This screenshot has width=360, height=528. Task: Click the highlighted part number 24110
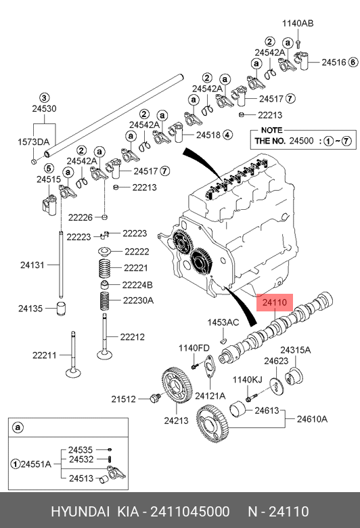pyautogui.click(x=275, y=303)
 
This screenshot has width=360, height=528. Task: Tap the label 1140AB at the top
pyautogui.click(x=298, y=23)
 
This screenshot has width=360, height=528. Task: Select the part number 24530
pyautogui.click(x=44, y=108)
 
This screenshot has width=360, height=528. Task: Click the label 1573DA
pyautogui.click(x=33, y=141)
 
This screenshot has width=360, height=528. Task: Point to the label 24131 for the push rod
pyautogui.click(x=32, y=265)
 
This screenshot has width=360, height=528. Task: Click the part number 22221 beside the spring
pyautogui.click(x=136, y=267)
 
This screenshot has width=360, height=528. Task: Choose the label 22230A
pyautogui.click(x=138, y=300)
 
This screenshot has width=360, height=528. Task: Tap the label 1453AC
pyautogui.click(x=223, y=322)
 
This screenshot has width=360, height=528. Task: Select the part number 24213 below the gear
pyautogui.click(x=176, y=420)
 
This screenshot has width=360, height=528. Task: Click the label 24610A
pyautogui.click(x=312, y=419)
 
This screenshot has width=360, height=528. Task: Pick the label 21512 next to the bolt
pyautogui.click(x=123, y=399)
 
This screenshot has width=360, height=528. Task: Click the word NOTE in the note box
pyautogui.click(x=272, y=130)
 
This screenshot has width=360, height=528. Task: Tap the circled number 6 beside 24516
pyautogui.click(x=353, y=62)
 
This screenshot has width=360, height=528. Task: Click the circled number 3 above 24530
pyautogui.click(x=44, y=98)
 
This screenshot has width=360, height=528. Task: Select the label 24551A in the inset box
pyautogui.click(x=36, y=464)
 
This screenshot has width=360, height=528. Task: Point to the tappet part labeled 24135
pyautogui.click(x=61, y=309)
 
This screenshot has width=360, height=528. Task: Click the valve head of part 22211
pyautogui.click(x=73, y=373)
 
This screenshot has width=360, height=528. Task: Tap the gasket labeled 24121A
pyautogui.click(x=209, y=366)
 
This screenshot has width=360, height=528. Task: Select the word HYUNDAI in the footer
pyautogui.click(x=80, y=512)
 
